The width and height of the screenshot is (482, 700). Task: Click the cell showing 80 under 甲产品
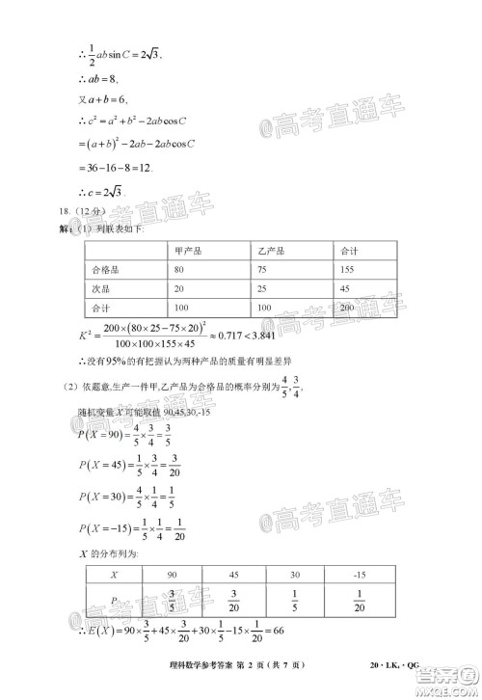(178, 269)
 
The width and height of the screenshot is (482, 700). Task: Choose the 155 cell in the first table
(348, 269)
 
